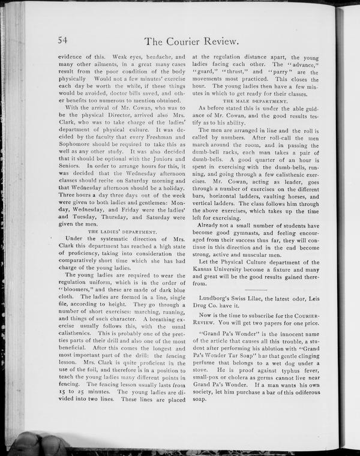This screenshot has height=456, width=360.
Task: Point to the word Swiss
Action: pos(247,299)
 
